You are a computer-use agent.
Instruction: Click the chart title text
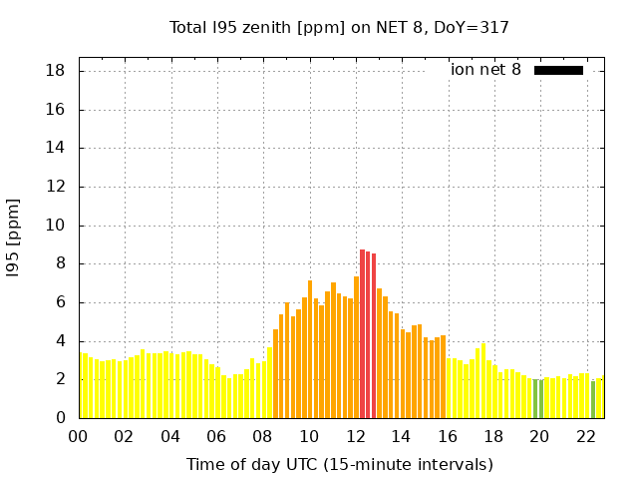pos(339,27)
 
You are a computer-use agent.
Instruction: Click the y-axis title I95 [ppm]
pos(14,238)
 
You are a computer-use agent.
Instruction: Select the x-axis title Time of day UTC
pos(339,464)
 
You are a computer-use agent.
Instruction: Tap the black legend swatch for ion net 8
pos(558,70)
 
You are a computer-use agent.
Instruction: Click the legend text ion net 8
pos(485,70)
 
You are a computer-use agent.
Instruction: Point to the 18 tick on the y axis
pos(56,71)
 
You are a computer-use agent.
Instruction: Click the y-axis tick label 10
pos(56,226)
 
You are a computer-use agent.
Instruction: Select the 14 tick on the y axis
pos(56,149)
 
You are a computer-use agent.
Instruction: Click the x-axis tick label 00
pos(78,436)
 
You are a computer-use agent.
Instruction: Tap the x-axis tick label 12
pos(356,436)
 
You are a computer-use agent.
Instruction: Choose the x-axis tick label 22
pos(586,436)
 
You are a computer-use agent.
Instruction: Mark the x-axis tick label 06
pos(216,436)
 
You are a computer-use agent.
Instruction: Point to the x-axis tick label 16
pos(448,436)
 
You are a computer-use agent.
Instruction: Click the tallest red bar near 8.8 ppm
pos(362,334)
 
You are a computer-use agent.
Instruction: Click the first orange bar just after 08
pos(276,374)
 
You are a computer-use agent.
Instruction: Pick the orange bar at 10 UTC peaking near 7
pos(310,349)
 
